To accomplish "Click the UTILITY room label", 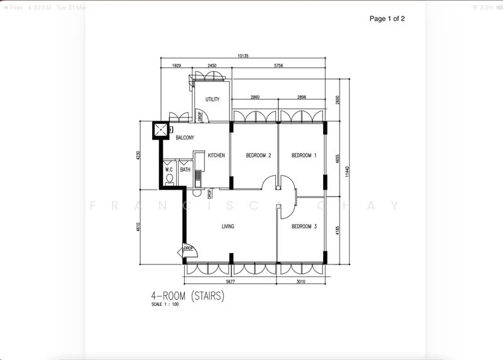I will tap(212, 99).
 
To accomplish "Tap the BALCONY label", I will tap(185, 137).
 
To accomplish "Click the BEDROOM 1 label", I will tap(304, 155).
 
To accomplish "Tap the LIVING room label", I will tap(228, 227).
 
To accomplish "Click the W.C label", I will tap(169, 169).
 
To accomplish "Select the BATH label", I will tap(185, 169).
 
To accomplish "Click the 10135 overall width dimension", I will tap(243, 56).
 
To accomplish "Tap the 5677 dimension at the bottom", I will tap(229, 282).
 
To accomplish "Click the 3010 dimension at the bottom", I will tap(301, 282).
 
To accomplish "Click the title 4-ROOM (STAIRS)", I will tap(187, 295).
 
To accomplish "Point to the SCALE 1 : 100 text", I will tap(165, 305).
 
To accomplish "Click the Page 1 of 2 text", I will tap(387, 19).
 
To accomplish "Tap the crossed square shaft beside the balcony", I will tap(162, 129).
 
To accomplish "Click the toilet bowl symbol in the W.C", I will tap(169, 178).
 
